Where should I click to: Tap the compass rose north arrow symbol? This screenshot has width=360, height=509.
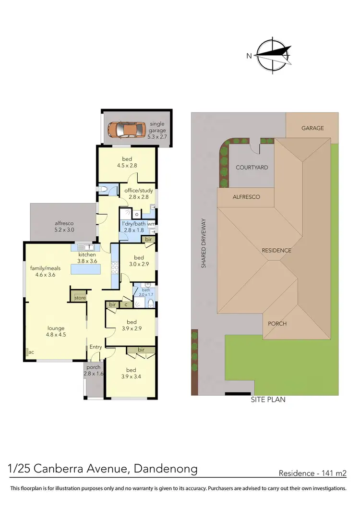tap(274, 54)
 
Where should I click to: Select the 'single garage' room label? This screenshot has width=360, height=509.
tap(157, 127)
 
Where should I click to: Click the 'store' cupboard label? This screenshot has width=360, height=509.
tap(80, 298)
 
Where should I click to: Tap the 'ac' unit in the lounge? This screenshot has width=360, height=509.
tap(31, 352)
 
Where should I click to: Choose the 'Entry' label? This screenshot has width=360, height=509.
tap(96, 347)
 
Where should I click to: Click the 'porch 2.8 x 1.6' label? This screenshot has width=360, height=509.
tap(94, 370)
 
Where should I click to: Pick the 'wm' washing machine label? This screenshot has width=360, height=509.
tap(151, 224)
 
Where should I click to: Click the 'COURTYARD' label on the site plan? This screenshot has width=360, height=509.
tap(252, 168)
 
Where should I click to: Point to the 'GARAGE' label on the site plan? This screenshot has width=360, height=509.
tap(312, 128)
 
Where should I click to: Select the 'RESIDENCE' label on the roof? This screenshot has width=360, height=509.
tap(276, 250)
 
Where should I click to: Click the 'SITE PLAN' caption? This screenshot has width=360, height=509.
tap(268, 400)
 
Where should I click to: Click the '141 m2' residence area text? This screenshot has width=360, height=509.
tap(333, 473)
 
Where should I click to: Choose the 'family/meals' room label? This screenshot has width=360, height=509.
tap(46, 271)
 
